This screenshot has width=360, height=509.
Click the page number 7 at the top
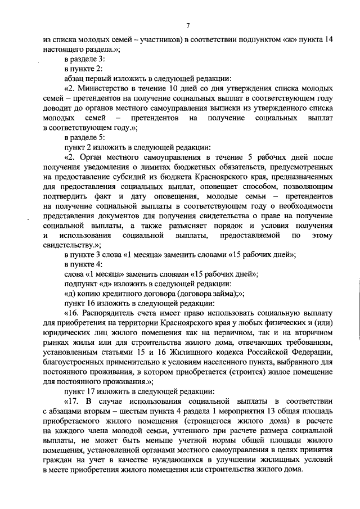click(188, 25)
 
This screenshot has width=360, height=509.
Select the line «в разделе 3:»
click(83, 59)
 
